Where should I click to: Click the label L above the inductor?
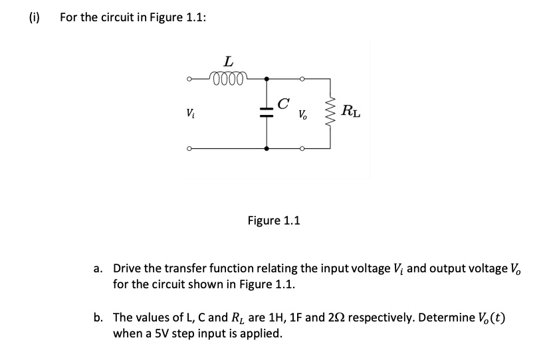click(228, 60)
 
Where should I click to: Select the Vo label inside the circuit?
click(302, 116)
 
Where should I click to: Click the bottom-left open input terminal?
click(189, 149)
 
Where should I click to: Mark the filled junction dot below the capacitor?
click(267, 149)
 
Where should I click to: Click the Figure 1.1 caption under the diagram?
click(273, 220)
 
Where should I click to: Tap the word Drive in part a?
click(128, 269)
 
